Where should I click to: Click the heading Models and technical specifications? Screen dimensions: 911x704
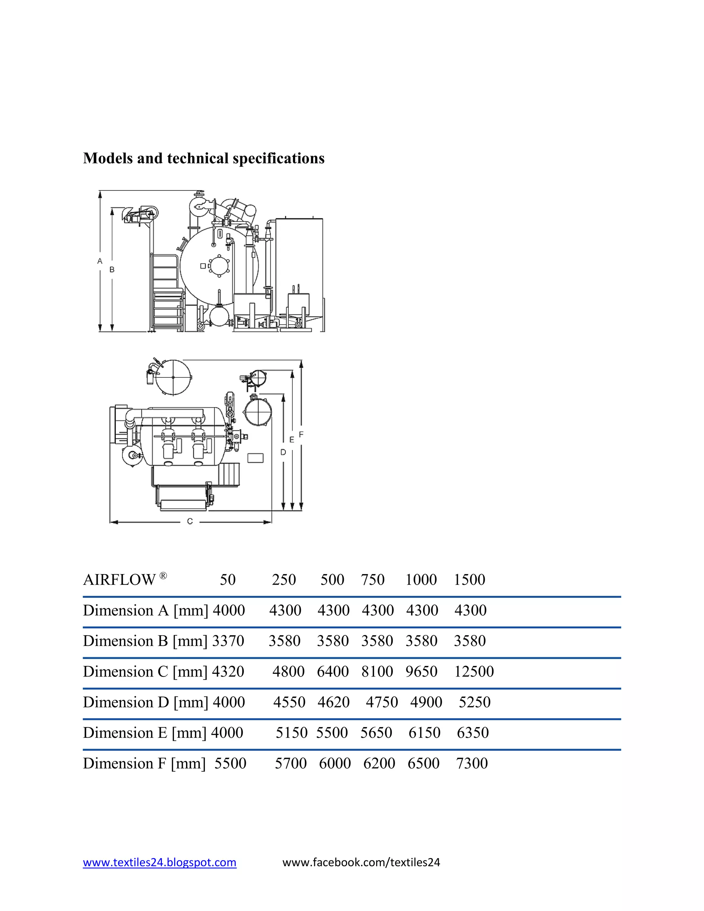pyautogui.click(x=203, y=158)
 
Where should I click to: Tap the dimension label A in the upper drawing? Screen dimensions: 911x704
pyautogui.click(x=100, y=261)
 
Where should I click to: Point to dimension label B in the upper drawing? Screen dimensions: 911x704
pyautogui.click(x=112, y=270)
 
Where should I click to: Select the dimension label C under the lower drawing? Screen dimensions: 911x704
pyautogui.click(x=190, y=522)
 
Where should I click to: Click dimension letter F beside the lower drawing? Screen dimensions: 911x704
pyautogui.click(x=301, y=435)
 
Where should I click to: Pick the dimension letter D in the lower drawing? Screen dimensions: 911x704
pyautogui.click(x=283, y=452)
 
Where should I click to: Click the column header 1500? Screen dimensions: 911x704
pyautogui.click(x=469, y=580)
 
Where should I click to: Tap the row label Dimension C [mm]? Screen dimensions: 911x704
pyautogui.click(x=145, y=672)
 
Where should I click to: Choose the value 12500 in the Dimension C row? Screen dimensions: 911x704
pyautogui.click(x=474, y=672)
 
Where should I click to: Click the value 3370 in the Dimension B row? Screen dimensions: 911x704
pyautogui.click(x=228, y=641)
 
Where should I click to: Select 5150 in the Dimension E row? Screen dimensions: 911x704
pyautogui.click(x=291, y=733)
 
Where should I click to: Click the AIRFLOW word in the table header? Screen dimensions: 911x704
pyautogui.click(x=119, y=580)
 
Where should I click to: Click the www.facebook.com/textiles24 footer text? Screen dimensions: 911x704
pyautogui.click(x=361, y=862)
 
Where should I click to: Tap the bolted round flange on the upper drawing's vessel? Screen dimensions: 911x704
pyautogui.click(x=219, y=265)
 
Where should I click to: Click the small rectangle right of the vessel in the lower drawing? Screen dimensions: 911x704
pyautogui.click(x=256, y=458)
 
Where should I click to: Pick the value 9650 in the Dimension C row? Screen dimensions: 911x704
pyautogui.click(x=421, y=672)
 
